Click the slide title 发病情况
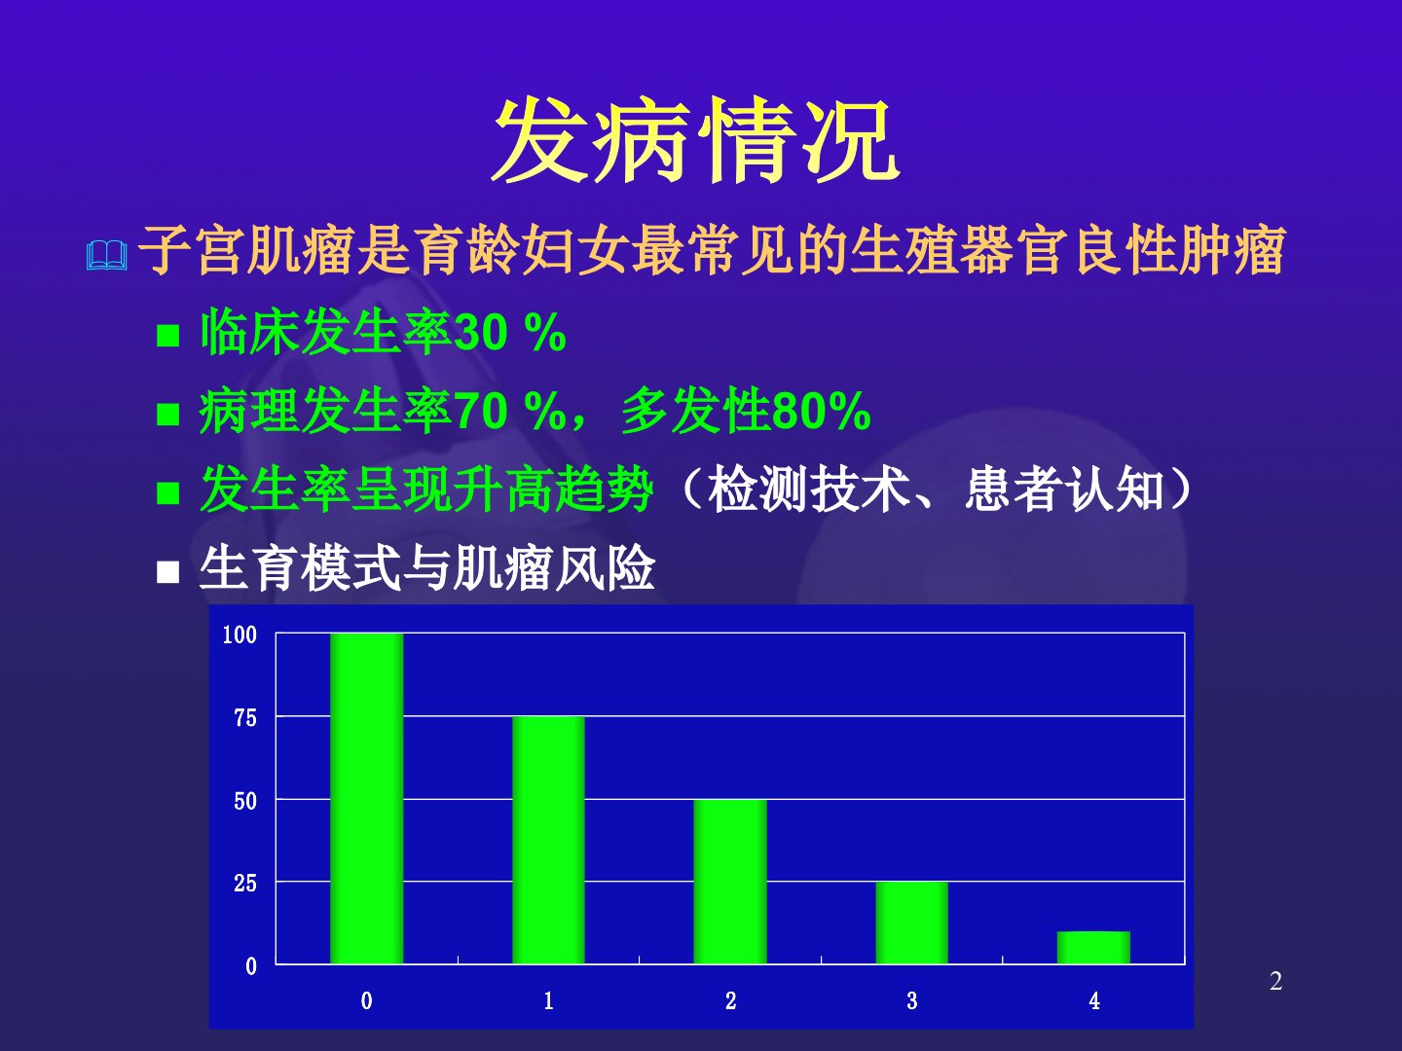(x=696, y=140)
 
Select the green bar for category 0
(x=367, y=798)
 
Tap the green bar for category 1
(x=549, y=840)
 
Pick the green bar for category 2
(x=730, y=882)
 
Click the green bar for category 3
(x=912, y=923)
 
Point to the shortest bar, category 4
(x=1093, y=948)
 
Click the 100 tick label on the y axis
(x=240, y=634)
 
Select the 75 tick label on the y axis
(x=245, y=718)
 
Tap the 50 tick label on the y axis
(x=245, y=801)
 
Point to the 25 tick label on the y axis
(x=245, y=884)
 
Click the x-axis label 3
(x=912, y=1000)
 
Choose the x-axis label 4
(x=1094, y=1000)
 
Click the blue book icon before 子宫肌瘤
(x=107, y=255)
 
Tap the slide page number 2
(x=1275, y=982)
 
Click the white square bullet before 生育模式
(x=168, y=572)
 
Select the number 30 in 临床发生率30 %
(x=480, y=333)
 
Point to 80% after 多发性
(x=822, y=411)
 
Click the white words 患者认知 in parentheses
(x=1064, y=490)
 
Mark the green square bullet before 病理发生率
(x=168, y=415)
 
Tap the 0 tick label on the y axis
(x=251, y=966)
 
